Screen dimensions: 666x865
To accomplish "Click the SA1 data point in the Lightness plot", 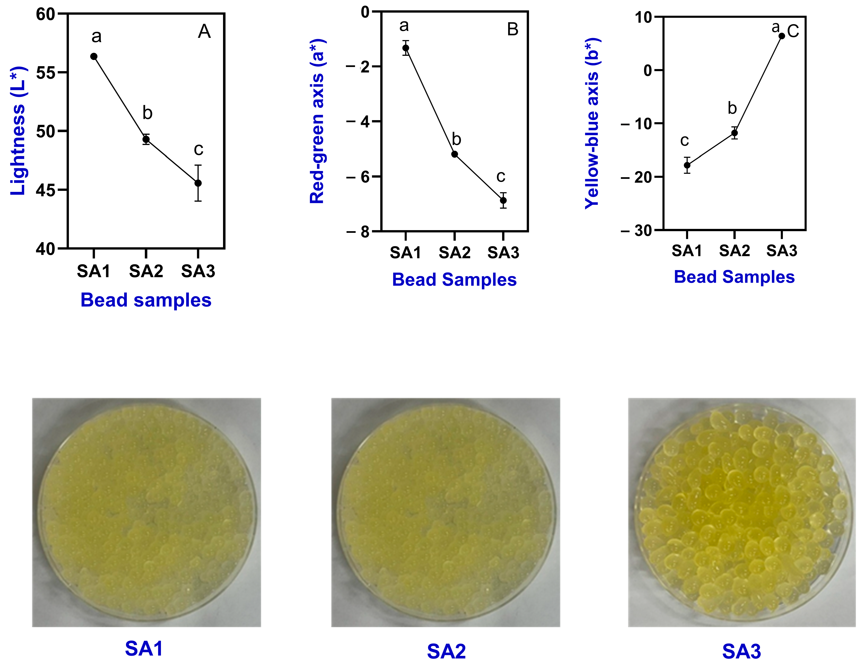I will [x=94, y=57].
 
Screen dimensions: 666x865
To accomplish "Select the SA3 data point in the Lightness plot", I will [x=198, y=183].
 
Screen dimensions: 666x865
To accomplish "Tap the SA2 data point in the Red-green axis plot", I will [x=455, y=154].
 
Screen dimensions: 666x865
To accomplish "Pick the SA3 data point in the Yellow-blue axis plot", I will [x=782, y=36].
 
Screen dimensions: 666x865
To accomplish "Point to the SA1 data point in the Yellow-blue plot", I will [x=687, y=165].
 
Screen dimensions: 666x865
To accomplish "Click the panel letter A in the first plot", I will [x=204, y=31].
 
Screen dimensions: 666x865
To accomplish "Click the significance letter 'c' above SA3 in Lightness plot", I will [x=198, y=149].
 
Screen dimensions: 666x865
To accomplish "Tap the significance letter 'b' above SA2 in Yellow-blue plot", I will [x=732, y=108].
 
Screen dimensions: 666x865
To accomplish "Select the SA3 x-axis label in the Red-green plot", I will [x=503, y=252].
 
